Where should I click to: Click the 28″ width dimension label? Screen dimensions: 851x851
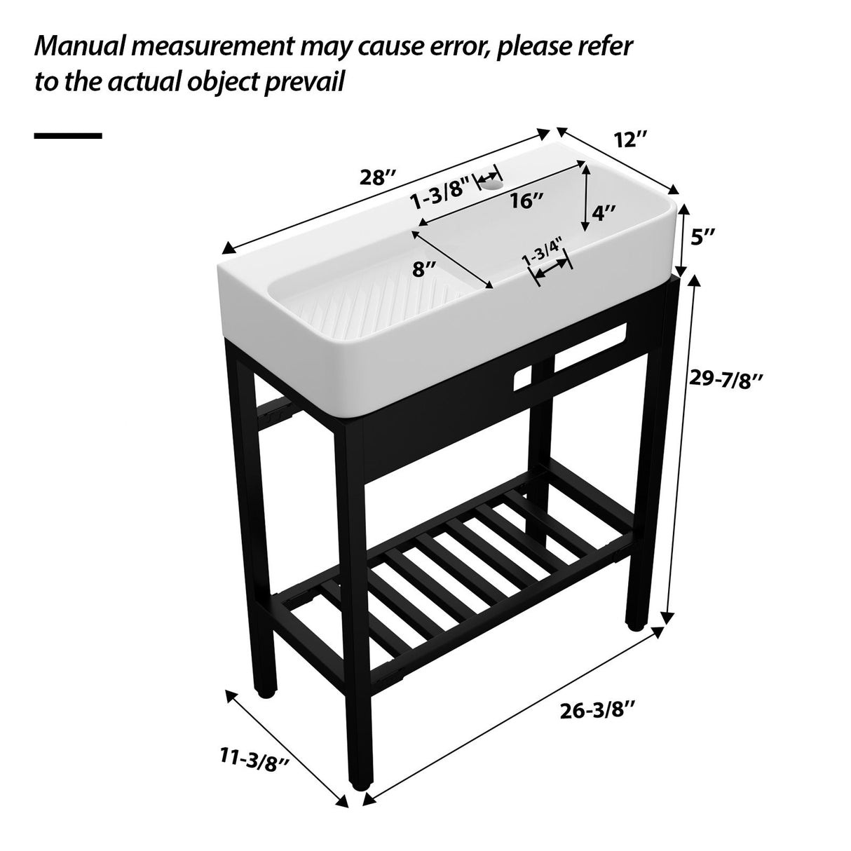point(379,177)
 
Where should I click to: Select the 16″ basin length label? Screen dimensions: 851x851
point(527,201)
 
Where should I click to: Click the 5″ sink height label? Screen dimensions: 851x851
point(702,238)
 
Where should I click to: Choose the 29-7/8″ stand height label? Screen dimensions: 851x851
point(725,379)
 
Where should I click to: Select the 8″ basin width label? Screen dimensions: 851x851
point(425,268)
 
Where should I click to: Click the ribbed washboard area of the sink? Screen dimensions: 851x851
point(350,308)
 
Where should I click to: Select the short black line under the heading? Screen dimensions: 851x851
point(68,136)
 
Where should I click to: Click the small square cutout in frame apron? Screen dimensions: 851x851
point(524,379)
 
